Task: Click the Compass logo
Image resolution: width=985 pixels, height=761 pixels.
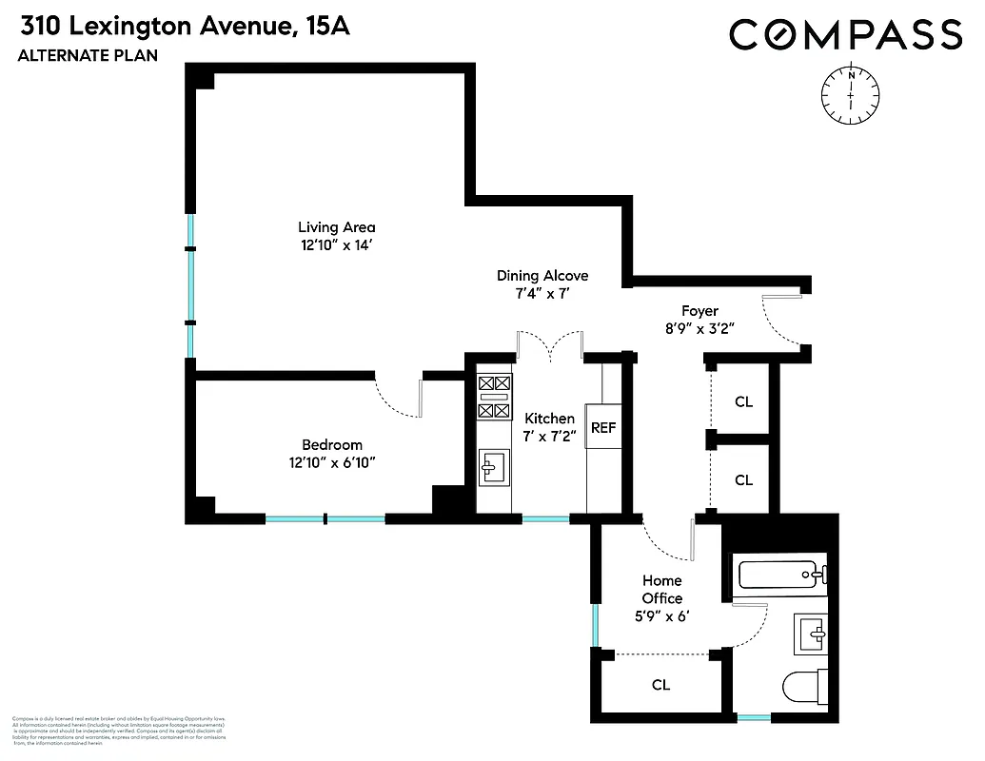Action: (846, 35)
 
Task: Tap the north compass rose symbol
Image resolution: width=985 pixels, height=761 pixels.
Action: (850, 94)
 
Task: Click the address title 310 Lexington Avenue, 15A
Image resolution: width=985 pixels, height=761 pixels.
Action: (183, 27)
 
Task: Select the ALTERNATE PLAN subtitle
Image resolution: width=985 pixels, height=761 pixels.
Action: (87, 56)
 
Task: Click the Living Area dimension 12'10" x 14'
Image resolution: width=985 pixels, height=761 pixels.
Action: (336, 244)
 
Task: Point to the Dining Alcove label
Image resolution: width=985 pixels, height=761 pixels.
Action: (542, 276)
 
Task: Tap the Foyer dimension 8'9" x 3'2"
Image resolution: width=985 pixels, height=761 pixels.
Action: (699, 328)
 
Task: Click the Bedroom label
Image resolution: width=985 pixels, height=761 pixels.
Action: (331, 445)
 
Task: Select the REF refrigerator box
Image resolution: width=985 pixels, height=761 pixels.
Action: (603, 428)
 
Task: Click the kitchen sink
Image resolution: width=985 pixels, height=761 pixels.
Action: (494, 466)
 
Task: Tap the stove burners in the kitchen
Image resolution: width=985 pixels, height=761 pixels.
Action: (493, 397)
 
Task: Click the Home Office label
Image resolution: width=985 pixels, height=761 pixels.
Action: (661, 590)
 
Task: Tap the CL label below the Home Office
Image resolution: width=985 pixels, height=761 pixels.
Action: (660, 685)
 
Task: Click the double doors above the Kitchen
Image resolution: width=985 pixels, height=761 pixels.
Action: (549, 346)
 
